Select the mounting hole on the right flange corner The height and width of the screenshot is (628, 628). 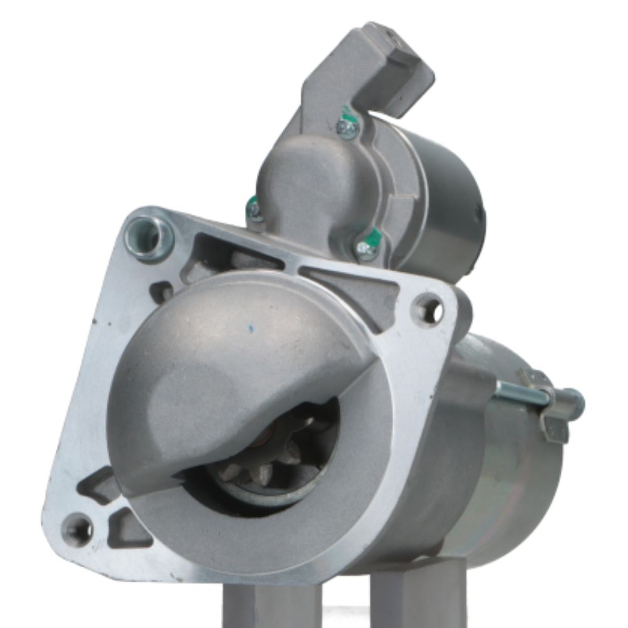(430, 310)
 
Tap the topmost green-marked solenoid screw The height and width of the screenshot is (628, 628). (347, 127)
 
